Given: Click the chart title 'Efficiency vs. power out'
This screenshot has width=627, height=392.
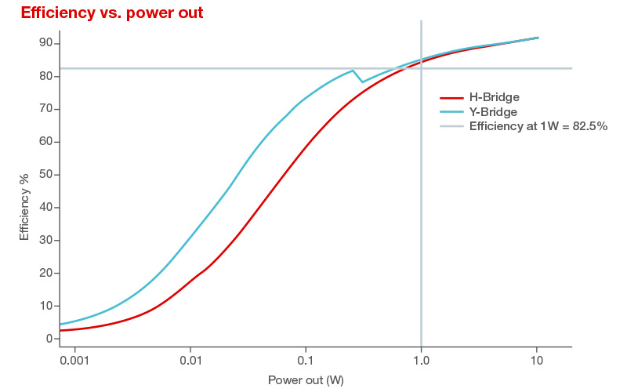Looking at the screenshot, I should coord(112,13).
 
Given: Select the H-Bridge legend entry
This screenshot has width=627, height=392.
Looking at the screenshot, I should coord(495,97).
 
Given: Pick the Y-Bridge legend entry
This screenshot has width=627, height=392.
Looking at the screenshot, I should coord(494,111).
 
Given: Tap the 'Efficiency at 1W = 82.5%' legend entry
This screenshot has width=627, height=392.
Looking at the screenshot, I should coord(538,125).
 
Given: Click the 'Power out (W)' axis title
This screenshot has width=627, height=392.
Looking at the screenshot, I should coord(306,380).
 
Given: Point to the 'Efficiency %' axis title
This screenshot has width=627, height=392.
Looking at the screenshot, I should coord(24,207).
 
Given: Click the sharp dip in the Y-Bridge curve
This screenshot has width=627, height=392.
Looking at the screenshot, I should coord(361,82).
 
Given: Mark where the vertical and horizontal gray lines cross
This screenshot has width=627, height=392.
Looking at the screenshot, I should coord(422,68).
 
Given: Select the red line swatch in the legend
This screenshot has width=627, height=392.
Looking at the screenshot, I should coord(451,97).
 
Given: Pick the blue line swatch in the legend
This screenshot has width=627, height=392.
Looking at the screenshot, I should coord(451,111).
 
